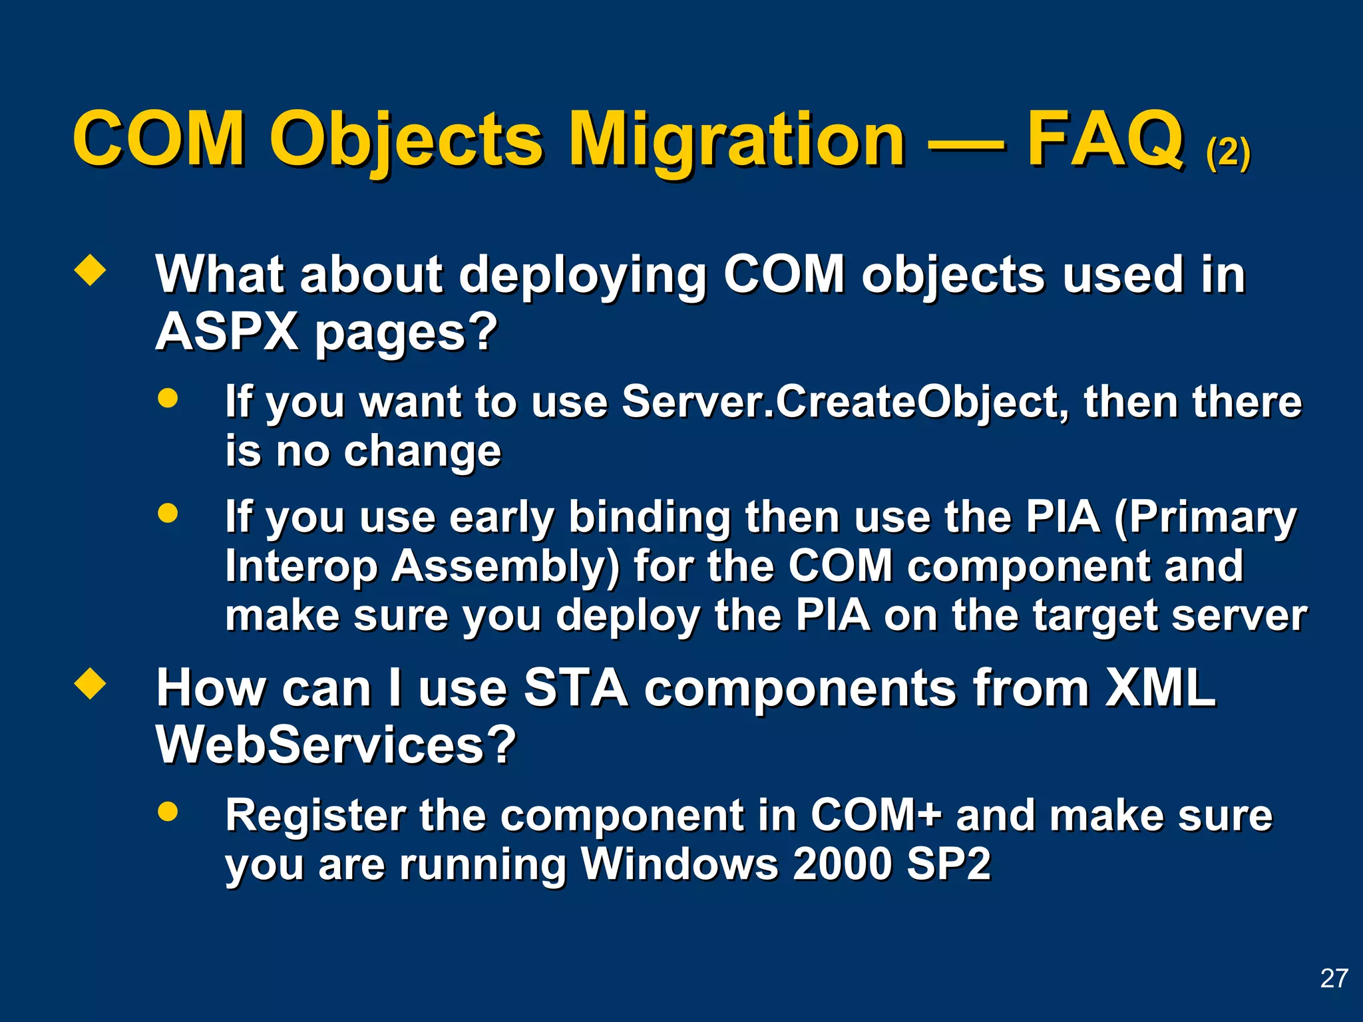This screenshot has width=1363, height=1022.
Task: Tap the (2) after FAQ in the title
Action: coord(1228,153)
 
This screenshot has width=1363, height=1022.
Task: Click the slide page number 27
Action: coord(1334,978)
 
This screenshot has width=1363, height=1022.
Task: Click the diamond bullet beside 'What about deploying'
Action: coord(90,271)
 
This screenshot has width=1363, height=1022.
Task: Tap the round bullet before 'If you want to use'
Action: coord(168,398)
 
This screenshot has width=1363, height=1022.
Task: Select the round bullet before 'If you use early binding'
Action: coord(168,513)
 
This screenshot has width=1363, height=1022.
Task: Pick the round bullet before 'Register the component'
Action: coord(168,811)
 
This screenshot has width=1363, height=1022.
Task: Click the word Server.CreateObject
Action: coord(845,403)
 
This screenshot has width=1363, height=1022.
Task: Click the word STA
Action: coord(576,687)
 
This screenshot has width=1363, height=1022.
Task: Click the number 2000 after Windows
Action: coord(842,864)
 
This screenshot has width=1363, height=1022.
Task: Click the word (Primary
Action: coord(1205,518)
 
